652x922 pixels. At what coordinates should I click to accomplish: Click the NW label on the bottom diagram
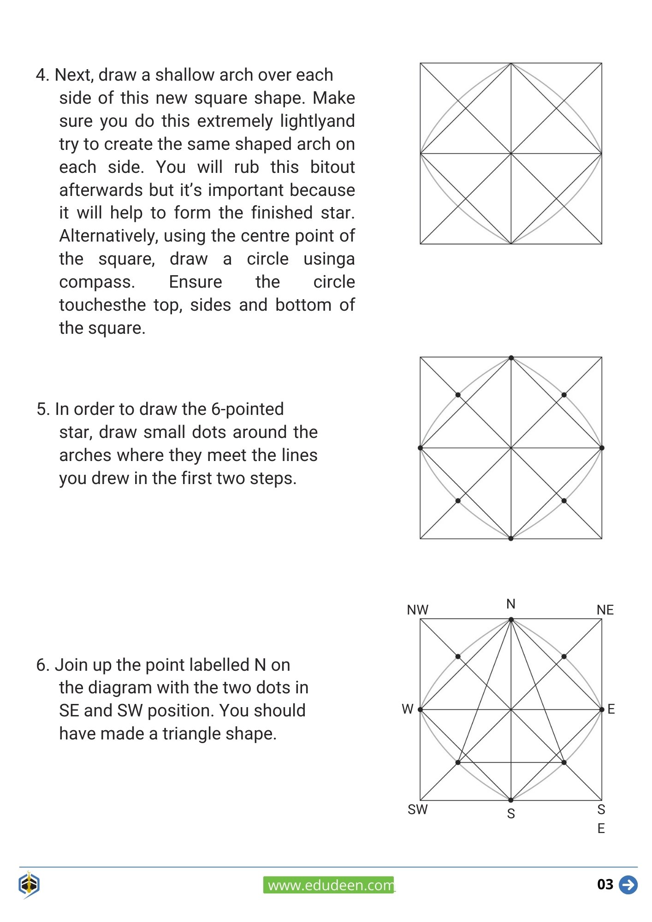[417, 610]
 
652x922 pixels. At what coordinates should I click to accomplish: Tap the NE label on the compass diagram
[605, 610]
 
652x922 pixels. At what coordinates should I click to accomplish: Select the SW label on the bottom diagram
[417, 810]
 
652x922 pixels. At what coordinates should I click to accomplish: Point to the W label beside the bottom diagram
[407, 709]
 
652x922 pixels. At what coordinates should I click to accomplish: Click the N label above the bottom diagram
[510, 604]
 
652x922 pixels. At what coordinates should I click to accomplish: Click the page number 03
[605, 884]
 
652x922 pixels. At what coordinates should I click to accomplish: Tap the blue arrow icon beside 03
[628, 885]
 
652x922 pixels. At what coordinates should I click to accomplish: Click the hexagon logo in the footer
[29, 884]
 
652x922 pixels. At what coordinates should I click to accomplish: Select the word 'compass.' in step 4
[97, 282]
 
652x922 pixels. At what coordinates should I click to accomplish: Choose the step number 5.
[42, 409]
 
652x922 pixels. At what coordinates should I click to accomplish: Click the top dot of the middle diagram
[511, 358]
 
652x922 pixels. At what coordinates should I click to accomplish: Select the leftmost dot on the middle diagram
[420, 448]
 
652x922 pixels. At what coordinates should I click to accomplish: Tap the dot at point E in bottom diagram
[601, 709]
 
